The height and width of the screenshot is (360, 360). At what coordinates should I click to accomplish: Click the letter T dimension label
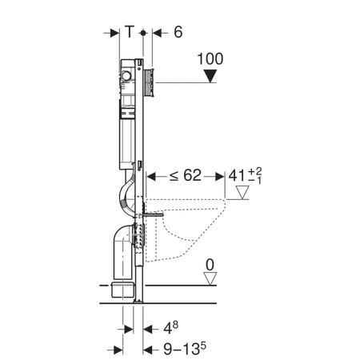point(130,32)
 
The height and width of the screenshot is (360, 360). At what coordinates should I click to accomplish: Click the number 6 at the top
point(178,32)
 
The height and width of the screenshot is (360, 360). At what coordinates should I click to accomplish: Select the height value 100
point(210,59)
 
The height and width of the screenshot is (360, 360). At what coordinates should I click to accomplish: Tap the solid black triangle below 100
point(210,76)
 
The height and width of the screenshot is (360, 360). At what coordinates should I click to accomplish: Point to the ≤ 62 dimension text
point(186,175)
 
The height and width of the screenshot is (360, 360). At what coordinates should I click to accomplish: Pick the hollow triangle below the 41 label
point(242,192)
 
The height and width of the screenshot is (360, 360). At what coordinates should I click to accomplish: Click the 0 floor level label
point(210,265)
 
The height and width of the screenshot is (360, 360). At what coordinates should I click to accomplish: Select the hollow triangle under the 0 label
point(210,278)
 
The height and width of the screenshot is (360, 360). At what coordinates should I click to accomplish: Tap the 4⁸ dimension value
point(170,328)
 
